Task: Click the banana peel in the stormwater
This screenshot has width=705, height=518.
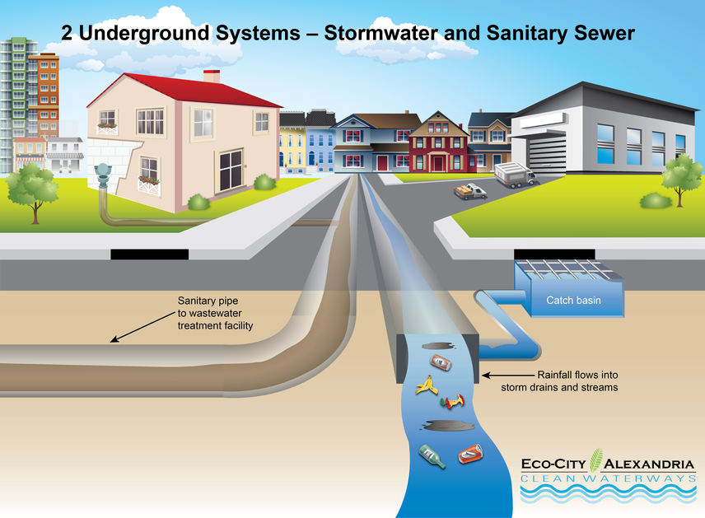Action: tap(425, 385)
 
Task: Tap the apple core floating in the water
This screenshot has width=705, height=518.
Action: tap(452, 402)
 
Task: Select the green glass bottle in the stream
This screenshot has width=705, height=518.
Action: tap(432, 455)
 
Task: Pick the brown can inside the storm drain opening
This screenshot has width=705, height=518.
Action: tap(441, 362)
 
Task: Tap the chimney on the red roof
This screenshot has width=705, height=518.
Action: tap(212, 77)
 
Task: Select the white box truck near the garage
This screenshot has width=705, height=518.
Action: tap(515, 174)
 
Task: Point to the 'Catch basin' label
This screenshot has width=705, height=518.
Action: tap(573, 301)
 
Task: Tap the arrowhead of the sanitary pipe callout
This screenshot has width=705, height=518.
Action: tap(114, 339)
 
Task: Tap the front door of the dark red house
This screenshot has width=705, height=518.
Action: tap(435, 162)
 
